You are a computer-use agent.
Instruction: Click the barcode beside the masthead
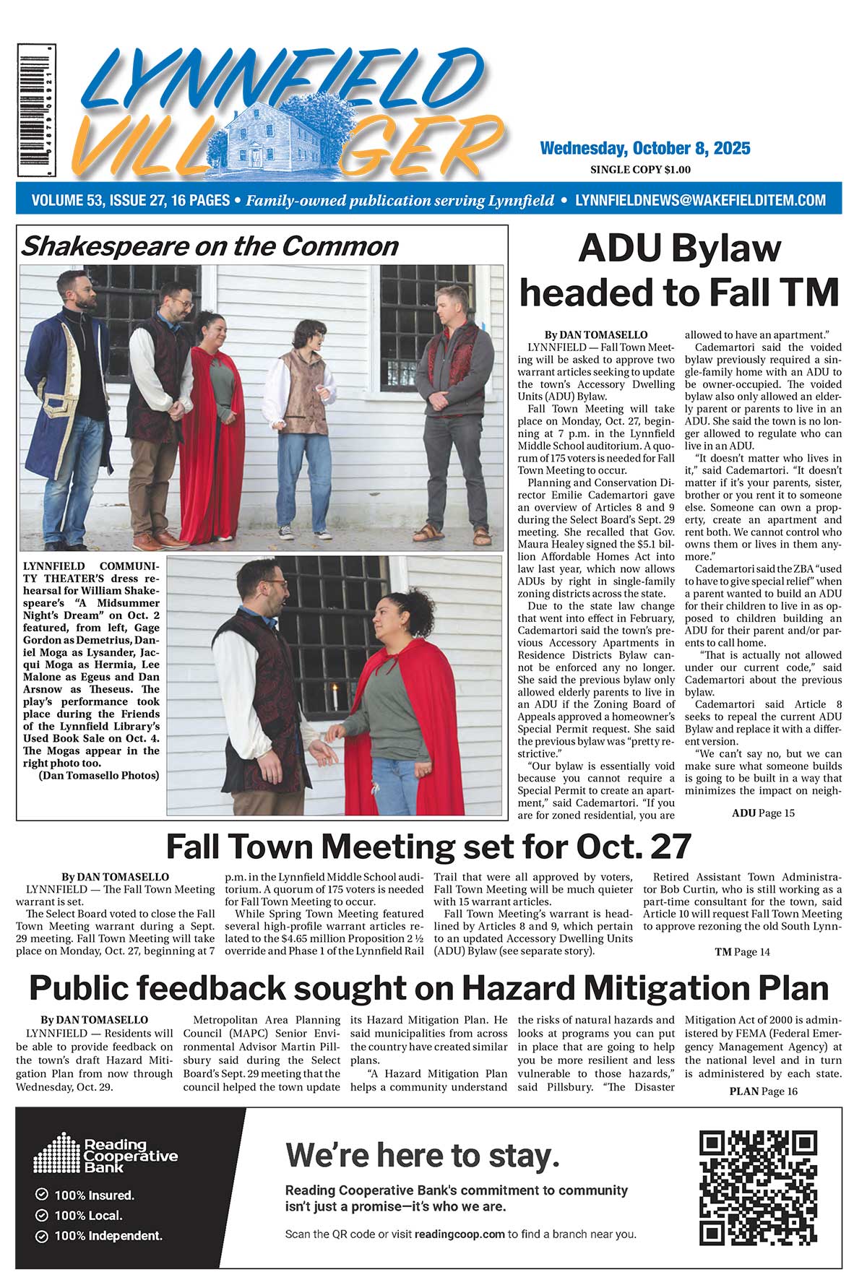pos(34,111)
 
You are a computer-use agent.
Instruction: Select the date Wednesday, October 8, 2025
pos(645,149)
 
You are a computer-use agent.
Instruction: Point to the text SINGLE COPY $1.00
pos(640,170)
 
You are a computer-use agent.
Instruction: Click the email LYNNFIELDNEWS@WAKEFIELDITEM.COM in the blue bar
pos(700,200)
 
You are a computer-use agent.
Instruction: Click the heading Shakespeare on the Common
pos(210,246)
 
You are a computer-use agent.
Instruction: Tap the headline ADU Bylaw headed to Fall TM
pos(679,270)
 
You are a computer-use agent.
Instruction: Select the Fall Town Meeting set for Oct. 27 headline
pos(429,846)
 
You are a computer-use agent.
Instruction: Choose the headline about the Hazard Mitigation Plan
pos(429,987)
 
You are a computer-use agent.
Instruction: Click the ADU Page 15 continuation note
pos(763,813)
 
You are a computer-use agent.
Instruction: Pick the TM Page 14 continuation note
pos(742,952)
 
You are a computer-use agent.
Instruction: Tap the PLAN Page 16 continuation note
pos(763,1091)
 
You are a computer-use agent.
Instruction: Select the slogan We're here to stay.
pos(423,1155)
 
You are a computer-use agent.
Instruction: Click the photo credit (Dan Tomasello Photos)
pos(99,776)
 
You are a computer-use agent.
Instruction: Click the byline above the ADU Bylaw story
pos(596,335)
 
